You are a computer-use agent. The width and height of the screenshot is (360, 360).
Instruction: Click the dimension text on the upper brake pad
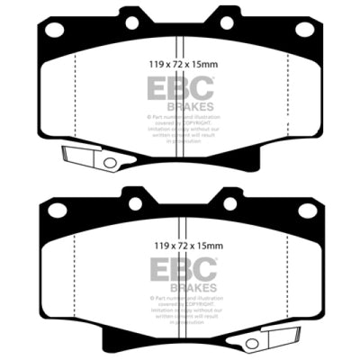(x=181, y=64)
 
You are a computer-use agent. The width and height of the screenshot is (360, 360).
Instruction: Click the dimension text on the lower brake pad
(x=181, y=243)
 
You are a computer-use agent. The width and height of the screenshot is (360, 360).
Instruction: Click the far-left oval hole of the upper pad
(x=54, y=29)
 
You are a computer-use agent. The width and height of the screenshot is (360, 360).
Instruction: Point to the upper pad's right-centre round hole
(x=225, y=22)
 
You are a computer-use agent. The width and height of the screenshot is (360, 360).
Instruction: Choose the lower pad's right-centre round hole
(x=225, y=202)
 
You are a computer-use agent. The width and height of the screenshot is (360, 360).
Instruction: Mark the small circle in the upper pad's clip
(x=110, y=163)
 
